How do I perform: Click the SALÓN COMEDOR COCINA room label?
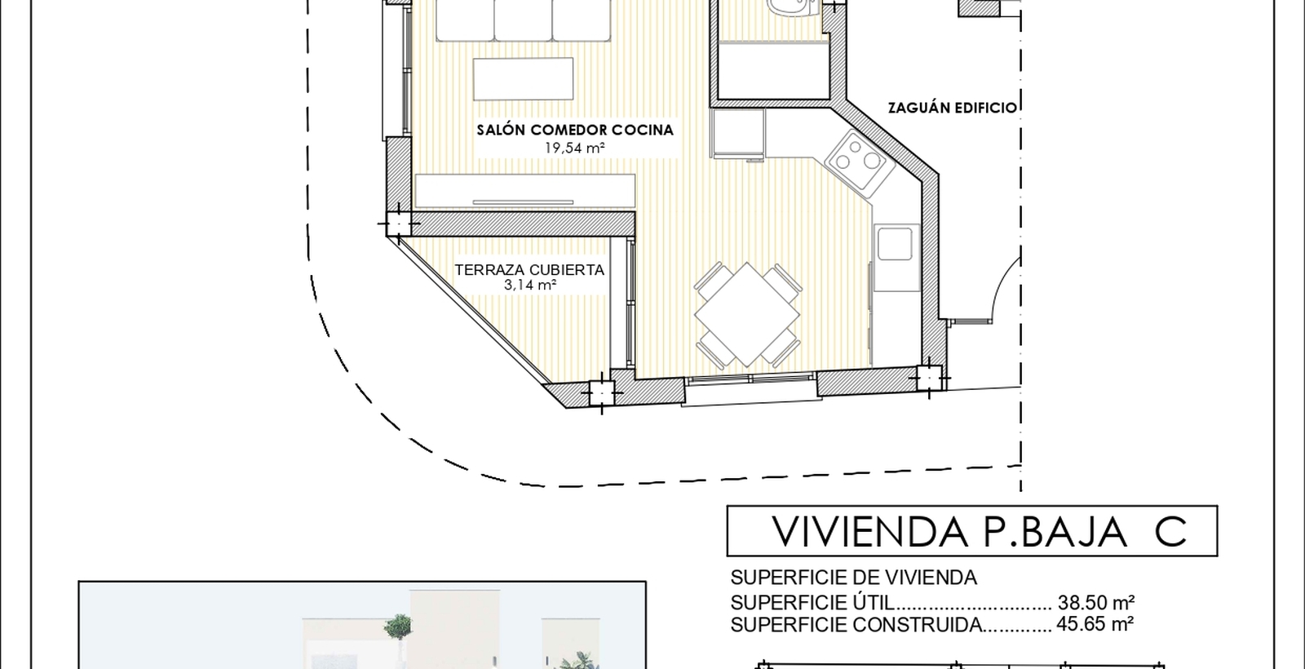(575, 130)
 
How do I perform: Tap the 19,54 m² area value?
(574, 148)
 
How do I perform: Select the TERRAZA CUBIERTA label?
(529, 270)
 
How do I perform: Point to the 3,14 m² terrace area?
(529, 285)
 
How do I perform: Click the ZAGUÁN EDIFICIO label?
(953, 108)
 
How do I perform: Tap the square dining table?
(747, 315)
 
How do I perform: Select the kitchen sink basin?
(895, 244)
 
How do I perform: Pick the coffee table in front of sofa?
(523, 78)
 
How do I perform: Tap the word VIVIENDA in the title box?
(869, 531)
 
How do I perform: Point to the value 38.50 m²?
(1096, 602)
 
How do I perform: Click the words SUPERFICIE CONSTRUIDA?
(856, 625)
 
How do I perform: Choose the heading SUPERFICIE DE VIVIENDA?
(853, 578)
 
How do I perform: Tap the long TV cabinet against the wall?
(525, 191)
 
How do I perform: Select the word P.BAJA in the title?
(1055, 531)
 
